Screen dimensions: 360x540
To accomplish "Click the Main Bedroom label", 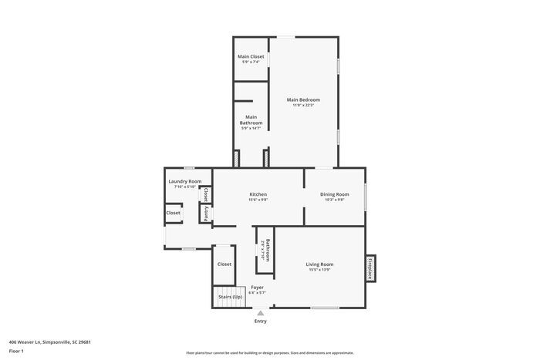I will (303, 99).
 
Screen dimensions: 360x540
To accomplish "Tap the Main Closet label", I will (251, 57).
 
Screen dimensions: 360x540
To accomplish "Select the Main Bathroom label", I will (251, 120).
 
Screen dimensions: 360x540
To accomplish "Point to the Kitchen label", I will (258, 193).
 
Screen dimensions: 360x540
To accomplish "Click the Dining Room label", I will (335, 194).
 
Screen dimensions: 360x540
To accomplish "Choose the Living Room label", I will (319, 264).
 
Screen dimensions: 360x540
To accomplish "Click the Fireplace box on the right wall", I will (370, 267).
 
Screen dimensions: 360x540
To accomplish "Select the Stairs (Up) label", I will (230, 297).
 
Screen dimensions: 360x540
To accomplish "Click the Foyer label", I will (257, 288).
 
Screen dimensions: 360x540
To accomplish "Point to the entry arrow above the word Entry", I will (261, 312).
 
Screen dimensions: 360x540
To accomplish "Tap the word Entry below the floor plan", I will (261, 321).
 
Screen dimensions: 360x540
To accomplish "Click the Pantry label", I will (206, 214).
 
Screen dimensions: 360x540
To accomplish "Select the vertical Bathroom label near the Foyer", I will (267, 251).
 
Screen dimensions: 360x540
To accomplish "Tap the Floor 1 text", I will (16, 352).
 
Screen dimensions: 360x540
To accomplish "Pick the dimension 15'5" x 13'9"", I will (319, 270).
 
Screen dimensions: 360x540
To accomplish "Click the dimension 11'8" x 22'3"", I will (303, 106).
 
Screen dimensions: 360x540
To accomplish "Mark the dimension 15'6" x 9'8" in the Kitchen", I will (258, 200).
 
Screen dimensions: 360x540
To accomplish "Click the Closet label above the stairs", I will (224, 264).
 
